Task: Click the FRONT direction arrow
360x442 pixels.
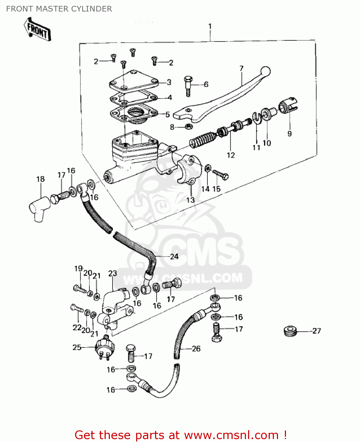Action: click(37, 29)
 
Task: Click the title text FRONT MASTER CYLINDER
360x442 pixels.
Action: click(59, 9)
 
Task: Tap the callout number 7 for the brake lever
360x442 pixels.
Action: click(241, 69)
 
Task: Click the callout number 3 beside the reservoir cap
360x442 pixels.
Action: click(169, 82)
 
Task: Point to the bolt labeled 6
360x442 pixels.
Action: click(188, 85)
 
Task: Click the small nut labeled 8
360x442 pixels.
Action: click(189, 127)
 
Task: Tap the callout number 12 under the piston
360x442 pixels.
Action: click(231, 155)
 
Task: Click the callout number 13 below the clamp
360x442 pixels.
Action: click(190, 200)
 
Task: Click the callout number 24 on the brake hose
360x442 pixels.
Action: click(174, 256)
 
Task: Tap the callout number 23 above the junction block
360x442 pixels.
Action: click(113, 273)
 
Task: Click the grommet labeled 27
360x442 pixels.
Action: click(290, 331)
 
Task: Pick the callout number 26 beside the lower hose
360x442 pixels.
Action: click(196, 349)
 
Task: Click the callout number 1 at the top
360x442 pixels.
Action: click(210, 27)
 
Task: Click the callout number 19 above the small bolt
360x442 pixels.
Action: click(78, 268)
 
